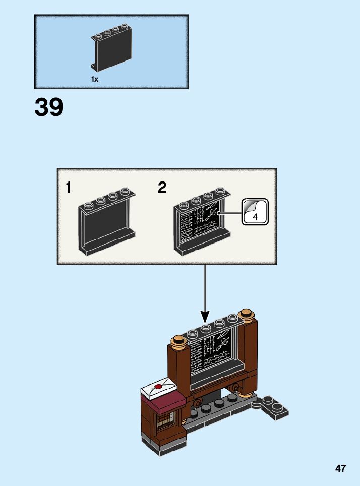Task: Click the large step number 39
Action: point(49,107)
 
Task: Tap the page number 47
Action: point(340,468)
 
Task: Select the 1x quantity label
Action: point(95,79)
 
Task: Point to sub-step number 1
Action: point(68,188)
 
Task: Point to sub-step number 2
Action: point(162,188)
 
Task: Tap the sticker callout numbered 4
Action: point(255,212)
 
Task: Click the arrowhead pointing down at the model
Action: point(205,318)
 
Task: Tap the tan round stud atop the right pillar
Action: point(247,315)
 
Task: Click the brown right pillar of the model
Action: point(250,358)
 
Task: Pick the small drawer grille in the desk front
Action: point(166,419)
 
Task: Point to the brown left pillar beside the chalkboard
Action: point(179,373)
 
